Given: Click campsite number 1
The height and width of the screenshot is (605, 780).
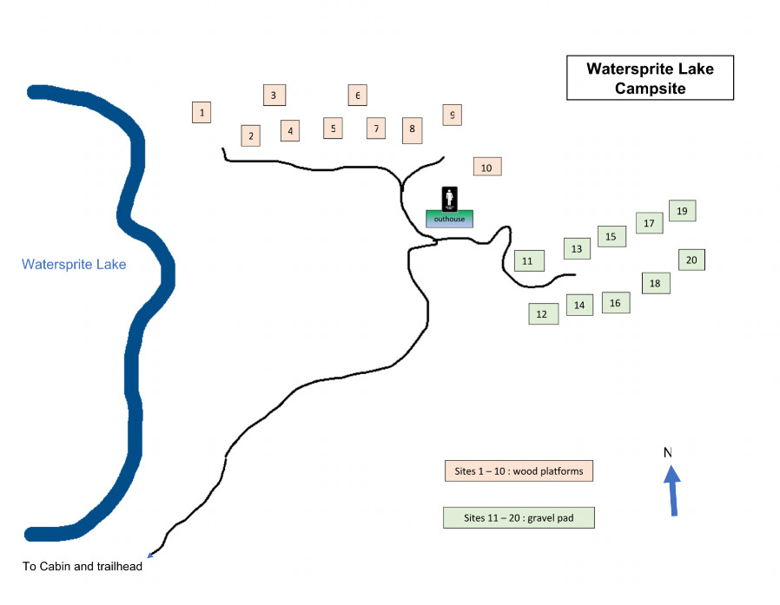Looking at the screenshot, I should (x=202, y=112).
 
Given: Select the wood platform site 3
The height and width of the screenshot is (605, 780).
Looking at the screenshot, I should (x=274, y=95).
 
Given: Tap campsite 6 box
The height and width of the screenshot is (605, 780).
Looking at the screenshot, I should (x=357, y=95).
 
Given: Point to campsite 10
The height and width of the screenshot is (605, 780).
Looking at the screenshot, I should (x=486, y=167).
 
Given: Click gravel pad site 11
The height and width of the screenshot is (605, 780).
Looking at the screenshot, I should (x=528, y=260).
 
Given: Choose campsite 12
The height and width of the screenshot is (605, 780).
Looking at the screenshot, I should (x=543, y=313).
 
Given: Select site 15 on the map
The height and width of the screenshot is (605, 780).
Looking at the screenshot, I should (x=611, y=236).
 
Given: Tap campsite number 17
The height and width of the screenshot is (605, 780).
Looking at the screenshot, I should (x=649, y=223).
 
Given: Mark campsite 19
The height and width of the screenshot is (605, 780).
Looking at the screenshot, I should (x=682, y=210).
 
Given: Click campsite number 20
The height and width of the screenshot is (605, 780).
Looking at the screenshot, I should (x=691, y=259).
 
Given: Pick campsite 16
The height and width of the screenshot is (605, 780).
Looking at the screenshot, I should (x=615, y=302).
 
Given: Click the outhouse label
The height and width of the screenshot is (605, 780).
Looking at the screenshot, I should (x=450, y=219).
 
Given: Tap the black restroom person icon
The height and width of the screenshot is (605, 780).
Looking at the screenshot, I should (x=450, y=199).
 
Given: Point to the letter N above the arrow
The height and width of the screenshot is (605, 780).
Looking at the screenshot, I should (x=668, y=452).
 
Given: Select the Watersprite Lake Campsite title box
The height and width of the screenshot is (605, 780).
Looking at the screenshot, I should (x=650, y=78).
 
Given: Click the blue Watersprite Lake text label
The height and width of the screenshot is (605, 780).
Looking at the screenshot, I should (x=74, y=265).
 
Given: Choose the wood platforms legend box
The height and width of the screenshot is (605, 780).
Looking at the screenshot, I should (x=519, y=471).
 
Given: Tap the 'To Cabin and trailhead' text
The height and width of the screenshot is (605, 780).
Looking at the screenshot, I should (x=82, y=567).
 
